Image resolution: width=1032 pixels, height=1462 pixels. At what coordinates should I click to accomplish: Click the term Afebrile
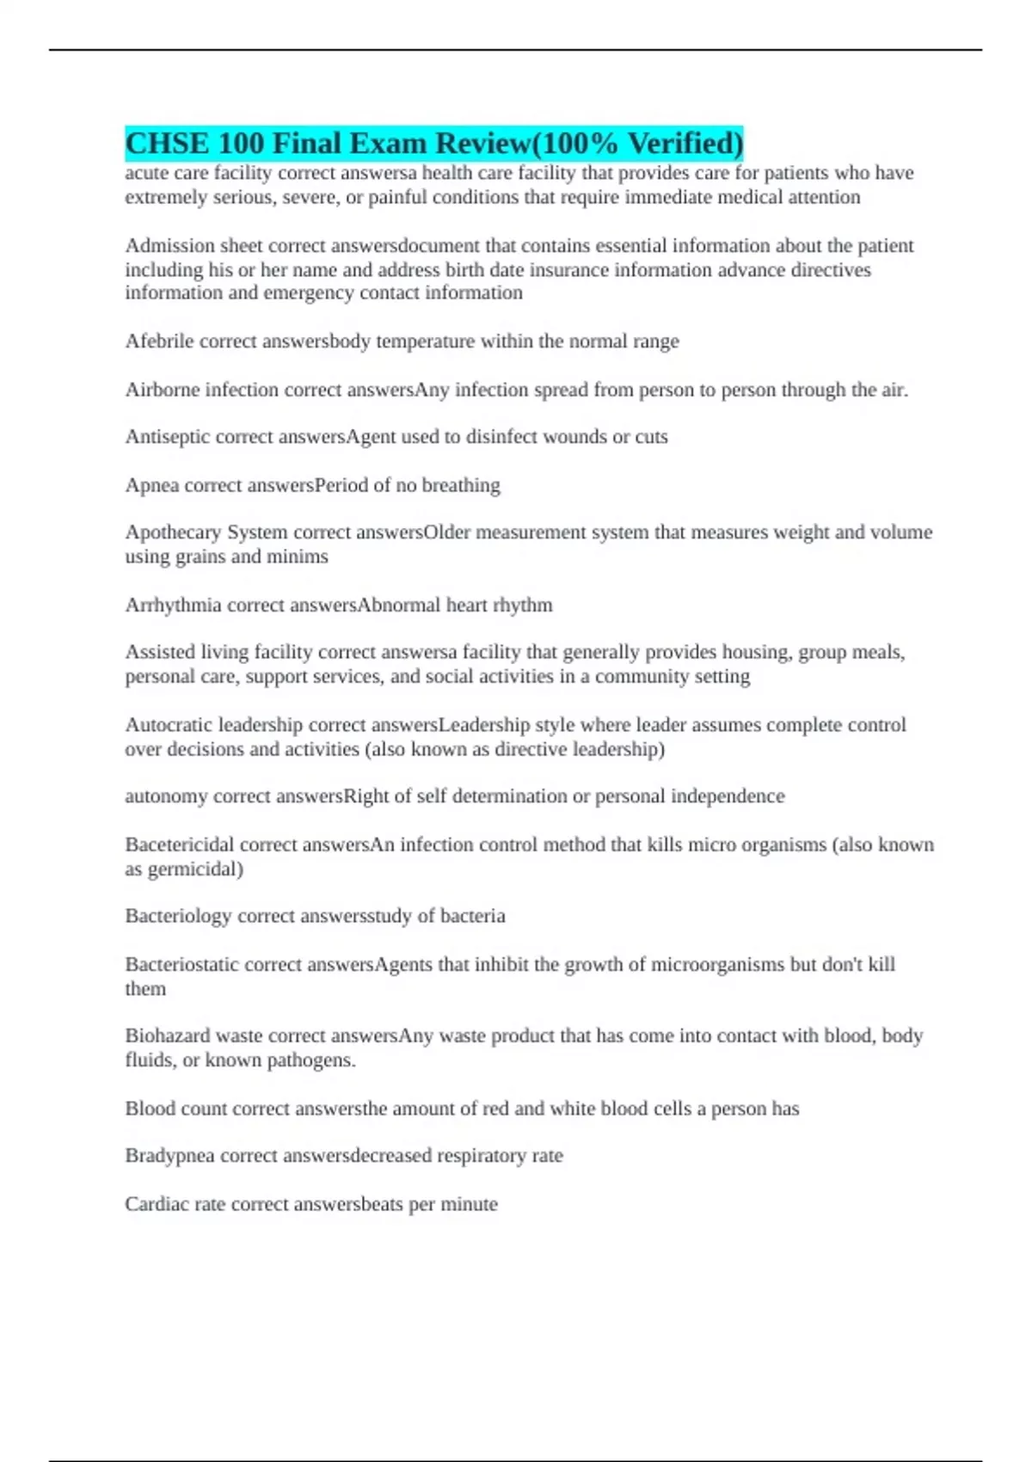coord(159,341)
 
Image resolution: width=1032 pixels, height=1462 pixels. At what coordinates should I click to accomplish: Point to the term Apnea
coord(152,486)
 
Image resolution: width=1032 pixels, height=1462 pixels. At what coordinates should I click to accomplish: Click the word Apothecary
coord(173,532)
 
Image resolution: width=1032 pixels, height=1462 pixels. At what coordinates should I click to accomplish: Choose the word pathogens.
coord(310,1060)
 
